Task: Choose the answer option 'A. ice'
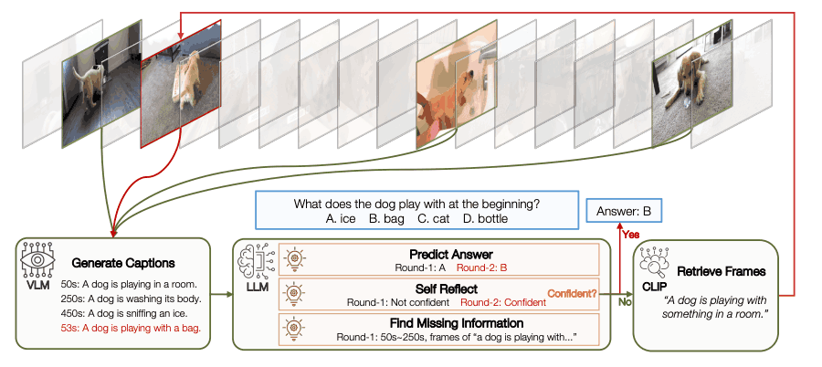pyautogui.click(x=339, y=219)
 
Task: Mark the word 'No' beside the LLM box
pyautogui.click(x=625, y=300)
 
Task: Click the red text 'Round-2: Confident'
pyautogui.click(x=501, y=300)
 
